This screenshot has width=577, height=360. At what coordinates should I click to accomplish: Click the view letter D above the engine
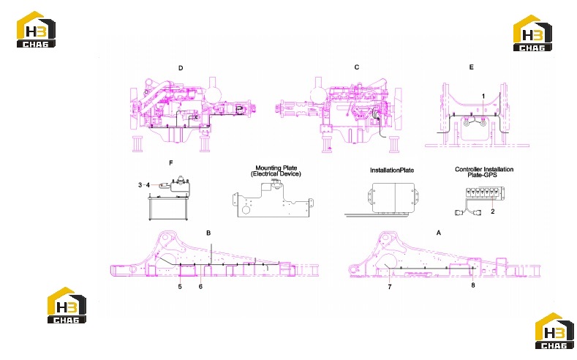181,68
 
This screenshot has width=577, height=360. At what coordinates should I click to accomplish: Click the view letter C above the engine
357,67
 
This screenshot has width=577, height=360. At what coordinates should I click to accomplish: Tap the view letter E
472,67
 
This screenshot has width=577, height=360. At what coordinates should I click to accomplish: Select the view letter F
170,163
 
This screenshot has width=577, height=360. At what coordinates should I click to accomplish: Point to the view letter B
208,233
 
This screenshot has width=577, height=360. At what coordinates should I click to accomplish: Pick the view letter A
439,233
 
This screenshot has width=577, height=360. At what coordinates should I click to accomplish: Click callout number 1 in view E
483,96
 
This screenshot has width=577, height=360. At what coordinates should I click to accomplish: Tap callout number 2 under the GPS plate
493,211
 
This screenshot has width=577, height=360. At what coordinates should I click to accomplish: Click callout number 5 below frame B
180,286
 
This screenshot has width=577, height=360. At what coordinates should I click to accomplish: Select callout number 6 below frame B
200,286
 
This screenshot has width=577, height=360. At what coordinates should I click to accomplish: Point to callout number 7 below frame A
390,287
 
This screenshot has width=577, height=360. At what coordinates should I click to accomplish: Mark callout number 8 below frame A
473,285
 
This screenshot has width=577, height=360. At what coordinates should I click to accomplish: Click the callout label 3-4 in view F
144,185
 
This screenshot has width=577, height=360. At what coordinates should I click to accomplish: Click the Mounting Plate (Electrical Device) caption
276,170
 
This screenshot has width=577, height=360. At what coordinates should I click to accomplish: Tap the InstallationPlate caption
392,170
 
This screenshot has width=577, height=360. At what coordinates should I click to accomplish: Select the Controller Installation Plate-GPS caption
484,172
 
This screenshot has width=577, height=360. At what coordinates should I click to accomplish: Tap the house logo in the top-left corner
36,29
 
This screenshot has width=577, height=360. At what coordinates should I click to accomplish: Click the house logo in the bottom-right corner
554,331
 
